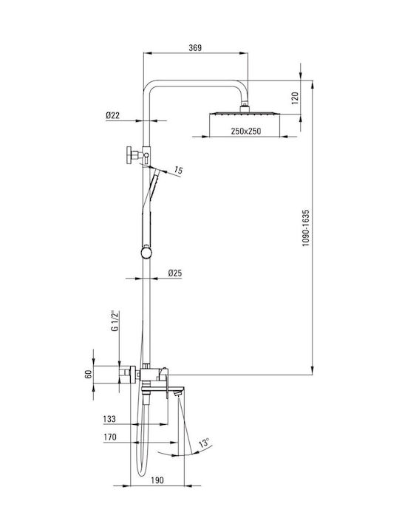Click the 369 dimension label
[195, 48]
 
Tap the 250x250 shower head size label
[246, 131]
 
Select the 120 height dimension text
[295, 98]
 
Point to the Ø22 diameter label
[112, 115]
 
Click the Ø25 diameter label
[175, 273]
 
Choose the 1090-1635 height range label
[306, 228]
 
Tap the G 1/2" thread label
[116, 320]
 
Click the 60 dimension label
[89, 375]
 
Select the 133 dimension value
[109, 419]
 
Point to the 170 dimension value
[110, 437]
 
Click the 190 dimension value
[157, 480]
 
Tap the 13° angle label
[204, 443]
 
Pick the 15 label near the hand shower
[178, 171]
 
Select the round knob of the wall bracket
[129, 155]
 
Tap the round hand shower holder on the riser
[146, 253]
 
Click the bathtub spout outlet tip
[178, 394]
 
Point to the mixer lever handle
[166, 383]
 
